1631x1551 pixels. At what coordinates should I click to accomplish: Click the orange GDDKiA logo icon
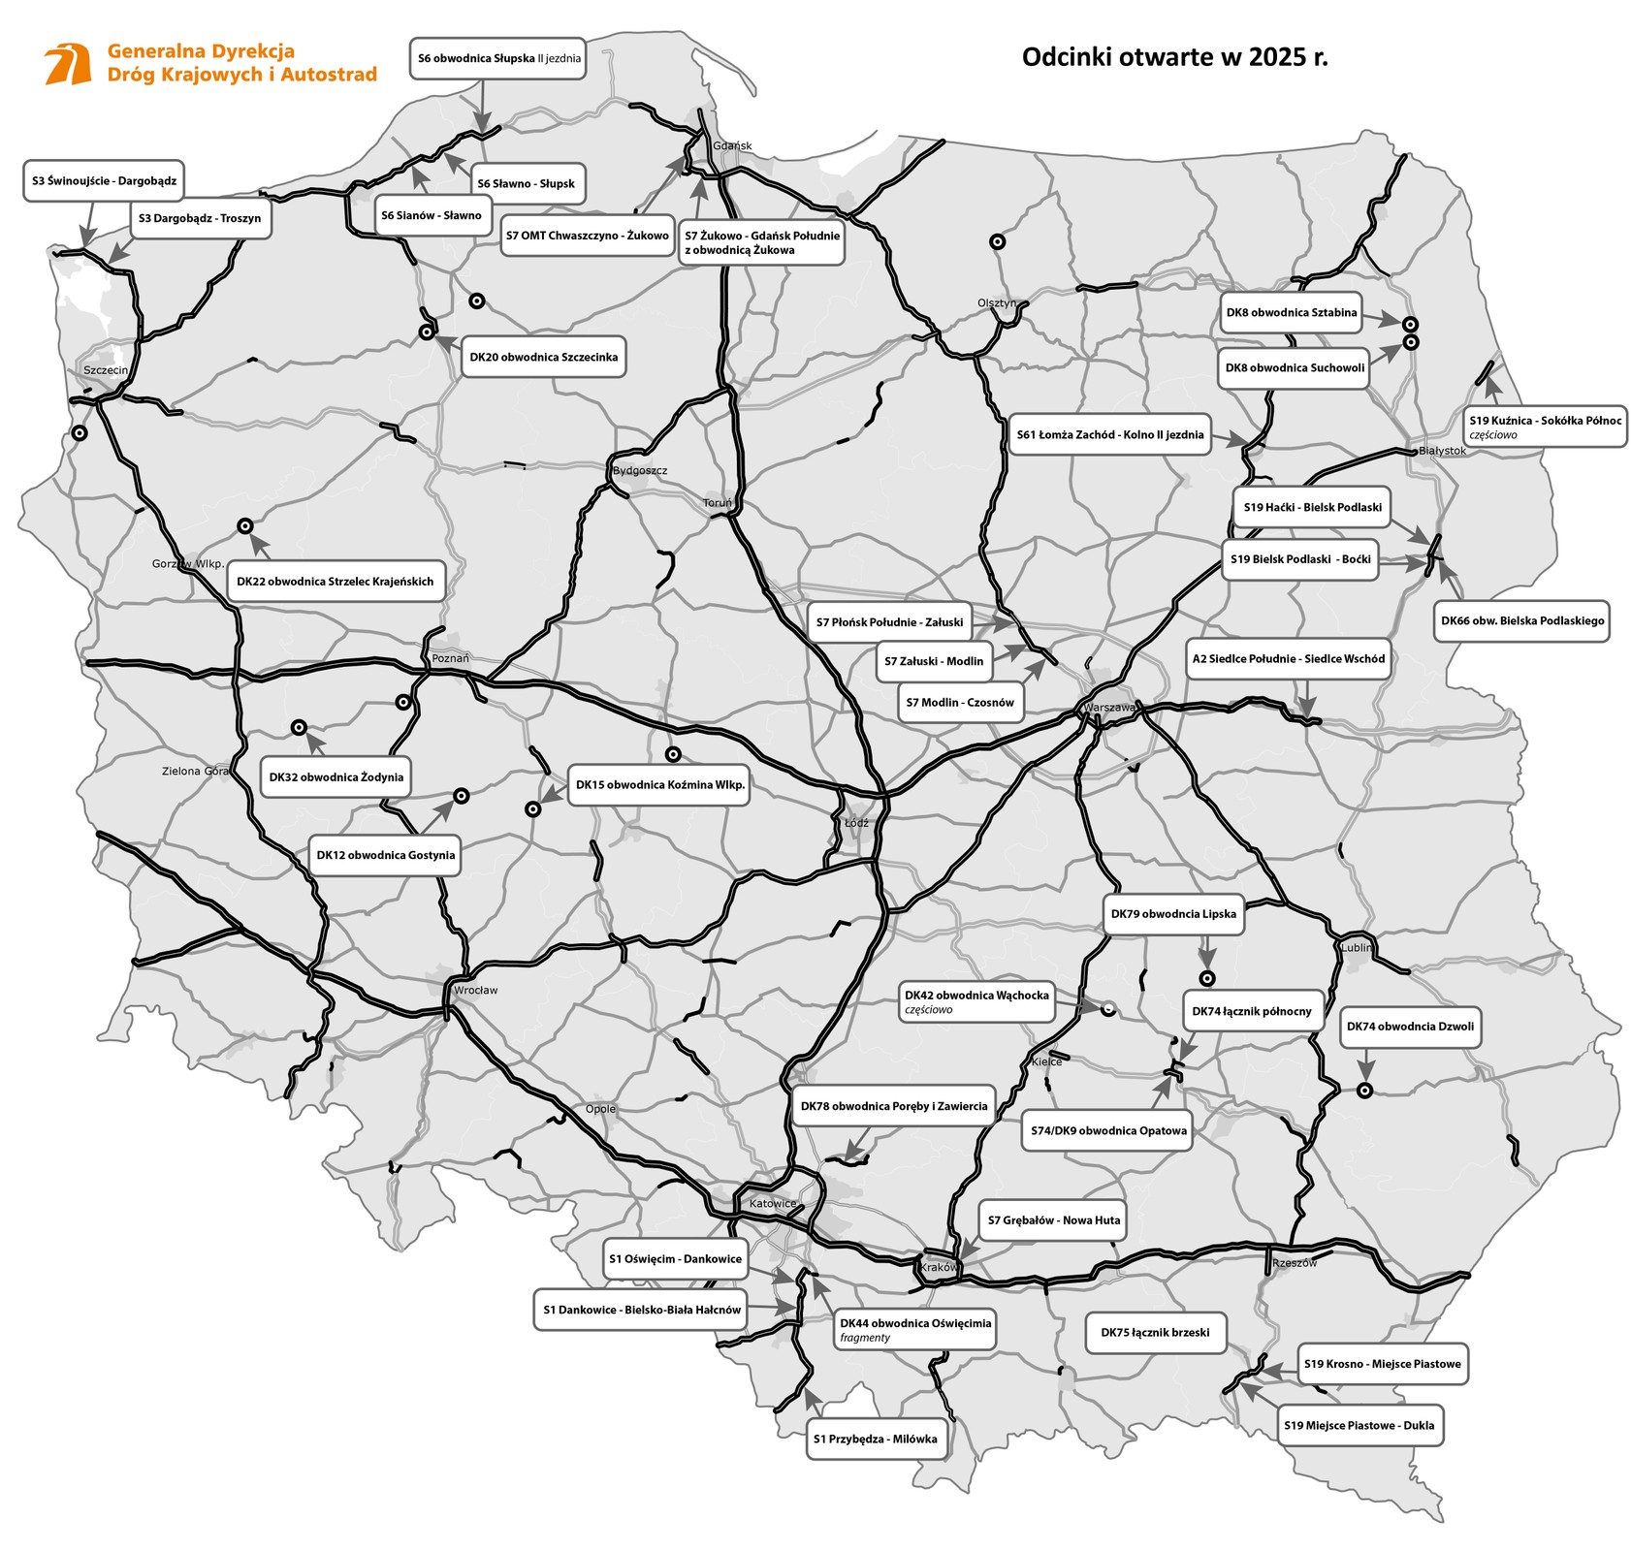pos(68,64)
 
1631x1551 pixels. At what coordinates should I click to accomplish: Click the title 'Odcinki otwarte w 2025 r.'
pos(1174,57)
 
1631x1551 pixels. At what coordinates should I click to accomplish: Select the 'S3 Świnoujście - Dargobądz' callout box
pos(104,181)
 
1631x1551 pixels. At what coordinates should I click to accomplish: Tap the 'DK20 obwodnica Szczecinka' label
pos(543,358)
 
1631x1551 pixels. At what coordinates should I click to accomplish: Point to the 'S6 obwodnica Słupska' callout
pos(498,58)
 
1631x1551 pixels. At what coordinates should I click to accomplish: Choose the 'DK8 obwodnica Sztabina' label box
pos(1291,313)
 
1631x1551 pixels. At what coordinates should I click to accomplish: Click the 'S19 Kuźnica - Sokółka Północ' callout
pos(1544,427)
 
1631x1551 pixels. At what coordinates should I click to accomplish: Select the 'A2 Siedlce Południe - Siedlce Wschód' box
pos(1288,659)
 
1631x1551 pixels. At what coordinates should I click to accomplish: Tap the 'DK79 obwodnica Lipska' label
pos(1173,914)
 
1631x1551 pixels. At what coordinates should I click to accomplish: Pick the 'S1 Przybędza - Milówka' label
pos(875,1440)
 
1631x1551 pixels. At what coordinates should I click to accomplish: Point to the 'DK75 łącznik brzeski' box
pos(1155,1333)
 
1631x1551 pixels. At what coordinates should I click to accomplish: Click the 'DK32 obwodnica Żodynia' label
pos(336,777)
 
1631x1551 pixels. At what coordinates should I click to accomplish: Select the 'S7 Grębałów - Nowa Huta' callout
pos(1053,1220)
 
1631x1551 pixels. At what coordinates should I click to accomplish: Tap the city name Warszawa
pos(1110,708)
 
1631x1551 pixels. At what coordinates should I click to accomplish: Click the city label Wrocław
pos(475,991)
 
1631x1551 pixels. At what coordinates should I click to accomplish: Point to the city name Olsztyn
pos(997,303)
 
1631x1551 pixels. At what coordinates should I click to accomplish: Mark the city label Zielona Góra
pos(195,772)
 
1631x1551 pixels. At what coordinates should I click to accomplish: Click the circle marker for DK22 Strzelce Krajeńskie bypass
pos(245,526)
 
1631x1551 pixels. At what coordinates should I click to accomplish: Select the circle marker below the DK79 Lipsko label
pos(1206,978)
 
